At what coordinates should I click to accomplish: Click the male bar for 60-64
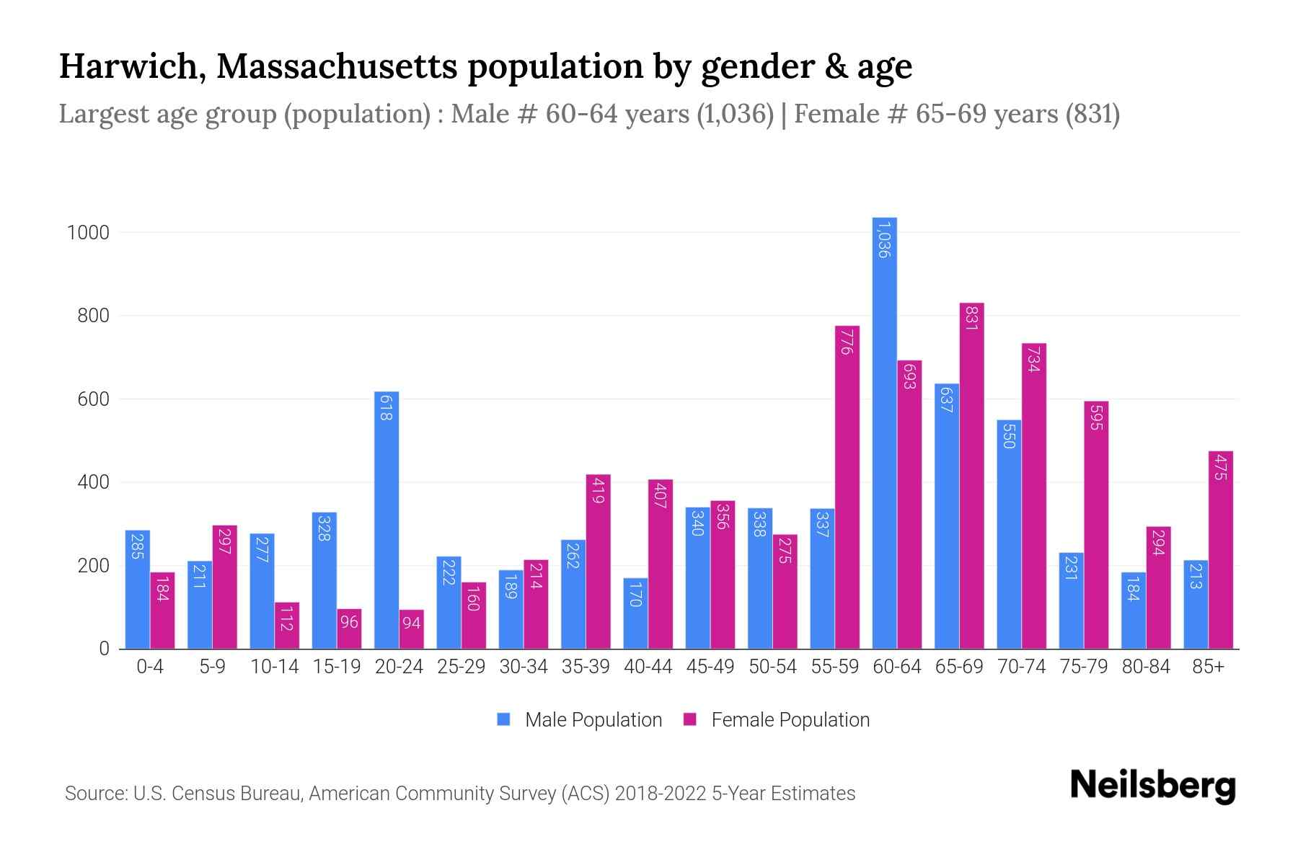click(884, 432)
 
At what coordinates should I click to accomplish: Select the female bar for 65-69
click(971, 476)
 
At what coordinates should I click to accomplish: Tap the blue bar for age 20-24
click(387, 519)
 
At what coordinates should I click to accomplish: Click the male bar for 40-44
click(635, 613)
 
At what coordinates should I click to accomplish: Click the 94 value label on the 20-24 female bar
click(411, 622)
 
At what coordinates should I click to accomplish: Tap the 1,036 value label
click(884, 240)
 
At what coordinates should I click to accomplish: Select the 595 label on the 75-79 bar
click(1096, 418)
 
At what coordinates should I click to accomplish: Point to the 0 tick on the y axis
click(104, 649)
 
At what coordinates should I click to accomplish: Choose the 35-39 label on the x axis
click(586, 667)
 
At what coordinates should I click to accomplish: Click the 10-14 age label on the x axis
click(274, 667)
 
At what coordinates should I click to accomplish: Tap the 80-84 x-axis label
click(1146, 667)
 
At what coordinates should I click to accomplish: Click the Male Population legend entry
click(593, 720)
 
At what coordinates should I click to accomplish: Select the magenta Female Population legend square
click(690, 719)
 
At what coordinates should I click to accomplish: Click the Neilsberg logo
click(1152, 786)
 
